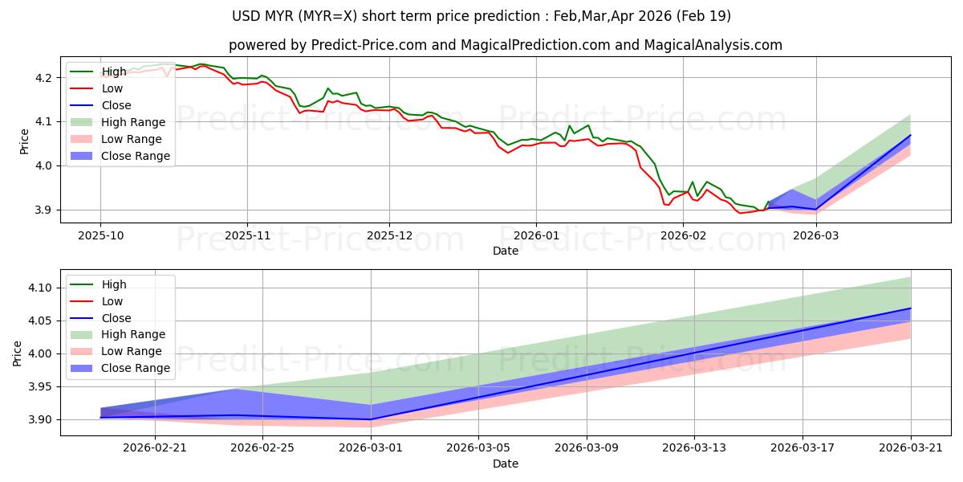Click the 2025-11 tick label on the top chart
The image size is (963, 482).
(x=248, y=236)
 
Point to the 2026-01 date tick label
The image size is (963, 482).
(x=537, y=236)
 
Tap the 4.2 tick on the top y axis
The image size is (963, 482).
(x=43, y=78)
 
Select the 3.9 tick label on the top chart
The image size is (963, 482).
(x=43, y=210)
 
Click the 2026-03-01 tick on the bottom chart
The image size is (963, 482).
(x=371, y=448)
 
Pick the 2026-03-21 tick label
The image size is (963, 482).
(x=911, y=448)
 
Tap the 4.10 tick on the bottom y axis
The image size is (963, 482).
(x=40, y=288)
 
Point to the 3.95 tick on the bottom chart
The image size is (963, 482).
(x=40, y=387)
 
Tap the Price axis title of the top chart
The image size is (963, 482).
(x=24, y=141)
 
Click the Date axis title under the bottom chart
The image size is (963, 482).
(x=506, y=464)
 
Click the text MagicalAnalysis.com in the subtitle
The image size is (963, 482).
(x=713, y=45)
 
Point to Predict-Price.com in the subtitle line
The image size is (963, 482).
(x=369, y=45)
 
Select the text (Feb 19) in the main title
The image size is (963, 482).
(x=703, y=16)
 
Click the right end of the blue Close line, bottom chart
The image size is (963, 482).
(x=911, y=308)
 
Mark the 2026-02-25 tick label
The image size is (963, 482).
(x=262, y=448)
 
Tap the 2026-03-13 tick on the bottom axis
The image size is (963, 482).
(x=694, y=448)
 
